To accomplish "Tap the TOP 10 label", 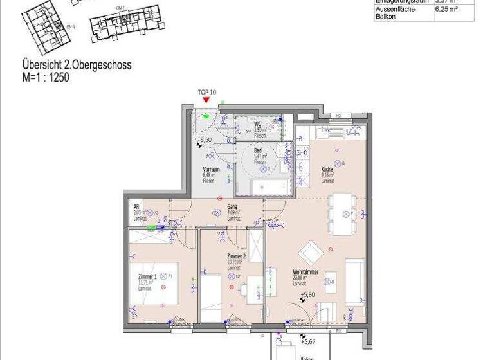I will pyautogui.click(x=207, y=93).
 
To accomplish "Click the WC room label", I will pyautogui.click(x=257, y=124).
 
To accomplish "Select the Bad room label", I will pyautogui.click(x=257, y=150).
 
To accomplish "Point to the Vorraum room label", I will pyautogui.click(x=212, y=169).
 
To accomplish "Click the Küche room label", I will pyautogui.click(x=328, y=170).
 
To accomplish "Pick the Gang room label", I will pyautogui.click(x=232, y=206).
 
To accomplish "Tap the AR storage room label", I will pyautogui.click(x=136, y=207).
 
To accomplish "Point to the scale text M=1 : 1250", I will pyautogui.click(x=45, y=78).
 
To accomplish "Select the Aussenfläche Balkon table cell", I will pyautogui.click(x=395, y=13).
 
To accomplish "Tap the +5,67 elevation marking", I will pyautogui.click(x=309, y=341).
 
